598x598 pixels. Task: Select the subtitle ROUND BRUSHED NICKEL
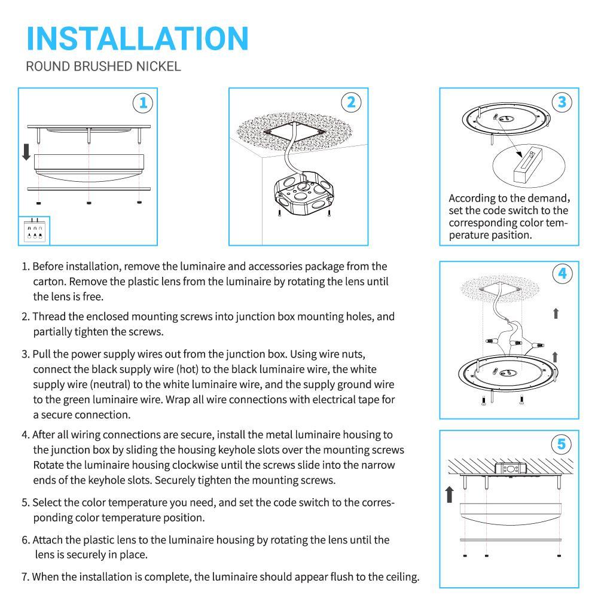[103, 66]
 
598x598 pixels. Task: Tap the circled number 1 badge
[142, 103]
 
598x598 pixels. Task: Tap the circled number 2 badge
[352, 102]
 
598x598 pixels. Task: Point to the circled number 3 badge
[562, 102]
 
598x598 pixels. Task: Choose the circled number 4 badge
[562, 274]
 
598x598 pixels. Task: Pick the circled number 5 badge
[562, 444]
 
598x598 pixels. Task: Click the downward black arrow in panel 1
[26, 152]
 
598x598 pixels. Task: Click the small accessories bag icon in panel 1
[33, 231]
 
